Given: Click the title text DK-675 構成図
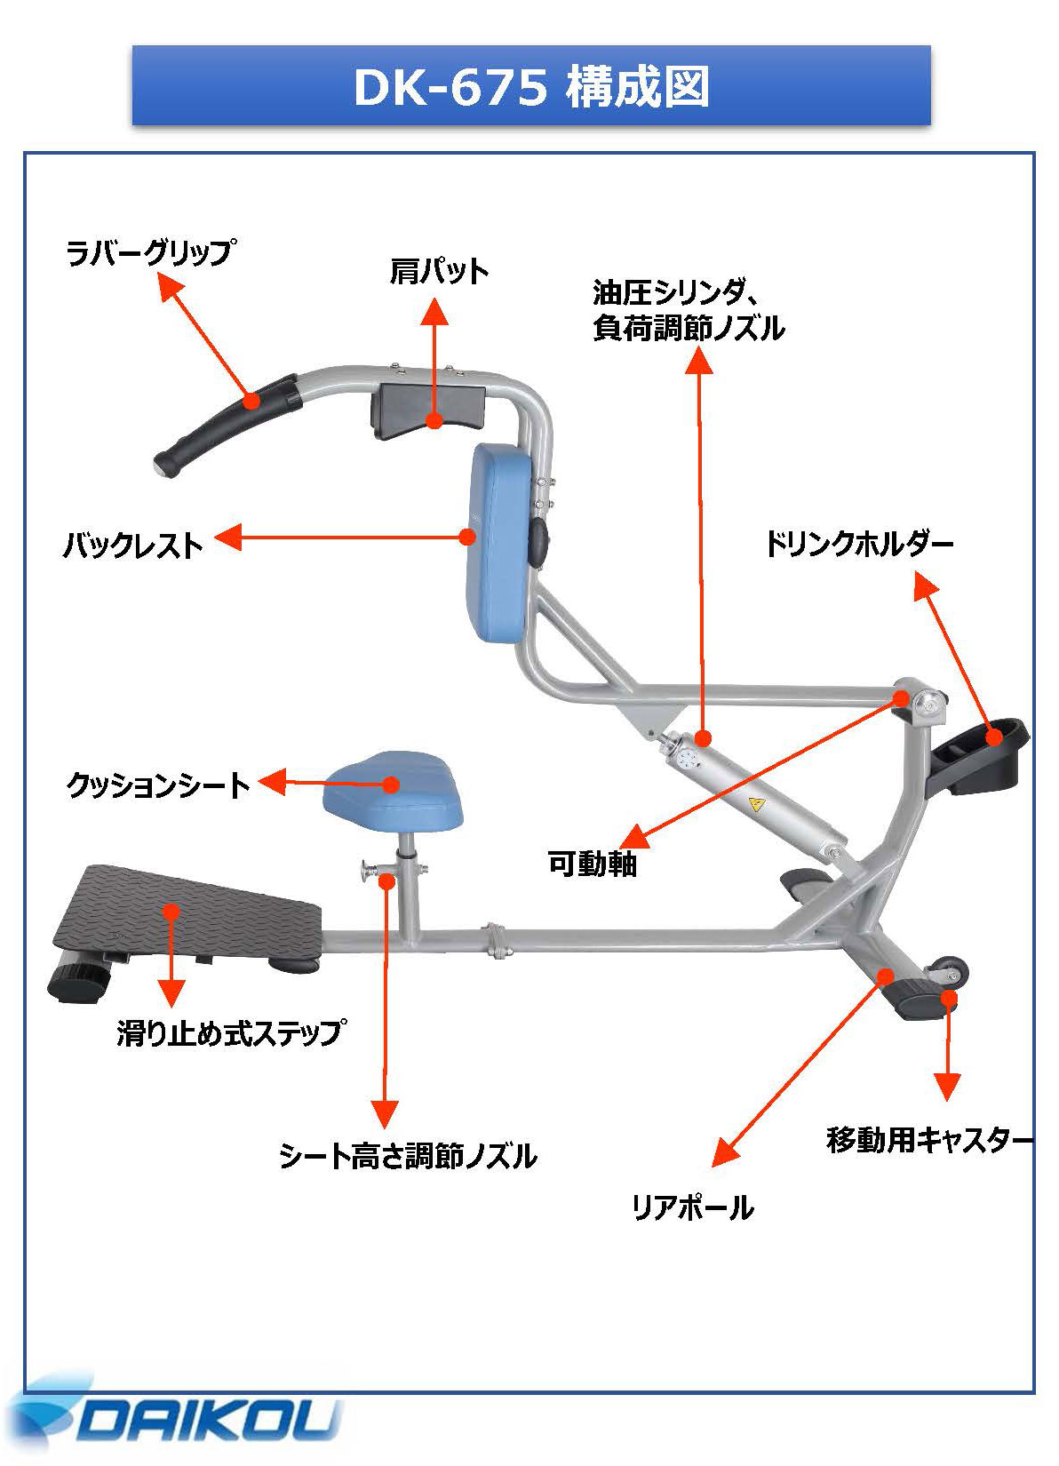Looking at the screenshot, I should (x=530, y=87).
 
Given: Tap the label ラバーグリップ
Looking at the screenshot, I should (x=149, y=253).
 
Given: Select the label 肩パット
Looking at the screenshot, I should (x=439, y=271).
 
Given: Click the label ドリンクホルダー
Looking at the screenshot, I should (x=858, y=544).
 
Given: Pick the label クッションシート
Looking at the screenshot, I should (x=159, y=785).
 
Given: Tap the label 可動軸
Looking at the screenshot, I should (x=592, y=863).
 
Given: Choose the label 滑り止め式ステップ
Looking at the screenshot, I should (x=231, y=1032).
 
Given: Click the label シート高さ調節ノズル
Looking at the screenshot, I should (x=408, y=1156).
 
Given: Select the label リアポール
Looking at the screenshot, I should (x=692, y=1207).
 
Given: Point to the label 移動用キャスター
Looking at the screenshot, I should (x=929, y=1139).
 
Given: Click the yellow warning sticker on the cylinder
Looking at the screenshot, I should (x=756, y=806).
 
